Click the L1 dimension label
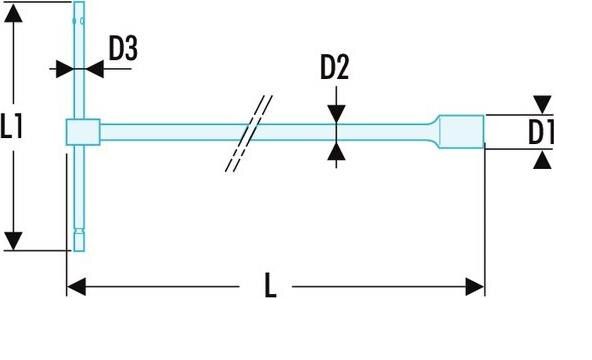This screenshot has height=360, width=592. pyautogui.click(x=12, y=126)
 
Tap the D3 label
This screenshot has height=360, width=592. pyautogui.click(x=123, y=48)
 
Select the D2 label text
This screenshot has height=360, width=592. pyautogui.click(x=335, y=67)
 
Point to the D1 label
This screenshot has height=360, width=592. pyautogui.click(x=541, y=132)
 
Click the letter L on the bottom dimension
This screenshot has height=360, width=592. pyautogui.click(x=270, y=285)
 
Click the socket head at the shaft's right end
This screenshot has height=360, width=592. pyautogui.click(x=461, y=132)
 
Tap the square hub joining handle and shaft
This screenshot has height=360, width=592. pyautogui.click(x=83, y=132)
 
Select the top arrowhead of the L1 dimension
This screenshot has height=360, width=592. pyautogui.click(x=13, y=14)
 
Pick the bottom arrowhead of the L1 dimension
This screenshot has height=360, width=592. pyautogui.click(x=13, y=241)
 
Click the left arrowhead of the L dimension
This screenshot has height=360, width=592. pyautogui.click(x=76, y=287)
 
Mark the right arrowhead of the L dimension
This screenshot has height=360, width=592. pyautogui.click(x=475, y=287)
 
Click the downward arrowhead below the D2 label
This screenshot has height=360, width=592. pyautogui.click(x=336, y=114)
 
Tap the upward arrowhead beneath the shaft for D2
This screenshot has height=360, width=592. pyautogui.click(x=336, y=152)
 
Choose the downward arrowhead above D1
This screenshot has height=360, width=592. pyautogui.click(x=543, y=105)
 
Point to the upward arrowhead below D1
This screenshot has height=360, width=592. pyautogui.click(x=543, y=160)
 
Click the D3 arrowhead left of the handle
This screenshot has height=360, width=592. pyautogui.click(x=65, y=69)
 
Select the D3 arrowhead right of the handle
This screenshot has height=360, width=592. pyautogui.click(x=94, y=69)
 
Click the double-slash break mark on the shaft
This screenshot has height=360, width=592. pyautogui.click(x=249, y=133)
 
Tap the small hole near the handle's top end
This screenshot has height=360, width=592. pyautogui.click(x=82, y=21)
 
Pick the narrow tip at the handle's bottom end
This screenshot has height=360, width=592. pyautogui.click(x=79, y=240)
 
